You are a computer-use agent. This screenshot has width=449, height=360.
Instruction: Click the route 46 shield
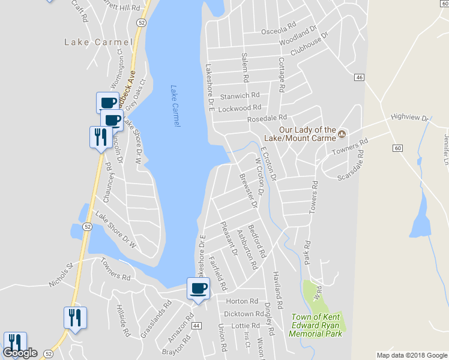[x=359, y=77]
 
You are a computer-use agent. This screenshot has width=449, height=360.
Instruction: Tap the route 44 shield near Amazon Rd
[x=196, y=325]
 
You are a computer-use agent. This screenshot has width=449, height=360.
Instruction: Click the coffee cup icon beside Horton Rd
[x=199, y=288]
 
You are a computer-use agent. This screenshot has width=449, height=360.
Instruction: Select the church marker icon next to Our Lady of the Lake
[x=342, y=133]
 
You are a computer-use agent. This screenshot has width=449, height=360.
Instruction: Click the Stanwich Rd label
[x=240, y=95]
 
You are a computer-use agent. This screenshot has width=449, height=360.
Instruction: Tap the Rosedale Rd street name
[x=267, y=119]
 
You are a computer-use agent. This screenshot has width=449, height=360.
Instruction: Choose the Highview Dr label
[x=409, y=118]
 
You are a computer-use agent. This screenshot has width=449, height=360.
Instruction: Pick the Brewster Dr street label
[x=248, y=191]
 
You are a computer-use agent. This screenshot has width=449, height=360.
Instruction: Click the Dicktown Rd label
[x=243, y=314]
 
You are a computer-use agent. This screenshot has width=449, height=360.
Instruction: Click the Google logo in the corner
[x=21, y=353]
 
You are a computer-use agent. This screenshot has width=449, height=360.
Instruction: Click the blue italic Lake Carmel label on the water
[x=175, y=105]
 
